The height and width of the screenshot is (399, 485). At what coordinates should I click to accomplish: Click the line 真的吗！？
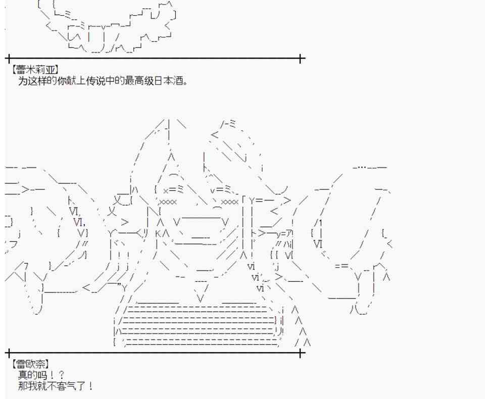[41, 375]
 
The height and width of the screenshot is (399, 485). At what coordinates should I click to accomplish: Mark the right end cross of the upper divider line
[301, 59]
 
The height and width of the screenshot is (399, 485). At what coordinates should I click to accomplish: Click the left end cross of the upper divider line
[9, 59]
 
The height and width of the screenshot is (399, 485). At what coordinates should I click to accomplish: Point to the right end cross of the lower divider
[301, 353]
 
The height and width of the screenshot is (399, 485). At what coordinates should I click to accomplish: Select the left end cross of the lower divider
[9, 353]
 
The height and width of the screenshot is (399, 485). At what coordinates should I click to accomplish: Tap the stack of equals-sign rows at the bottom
[197, 326]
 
